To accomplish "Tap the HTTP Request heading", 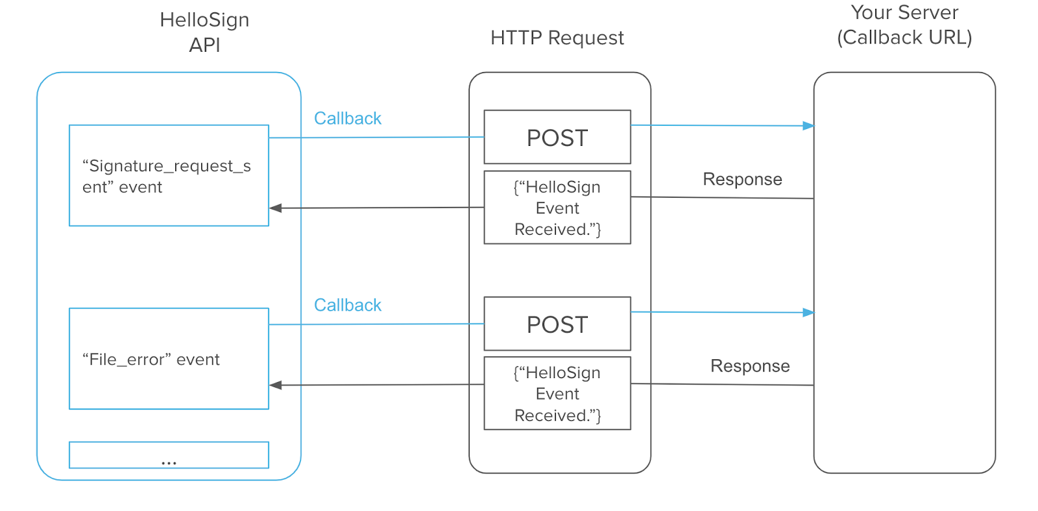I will click(x=557, y=38).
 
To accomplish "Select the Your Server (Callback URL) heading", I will click(x=904, y=25).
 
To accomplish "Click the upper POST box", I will click(x=557, y=137).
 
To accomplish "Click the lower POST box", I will click(x=557, y=324).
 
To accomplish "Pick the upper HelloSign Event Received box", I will click(x=557, y=208).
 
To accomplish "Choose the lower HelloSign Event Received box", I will click(x=557, y=393).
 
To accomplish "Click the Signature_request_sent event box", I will click(x=169, y=175).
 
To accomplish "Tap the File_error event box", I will click(x=169, y=359).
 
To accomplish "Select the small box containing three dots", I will click(x=169, y=455).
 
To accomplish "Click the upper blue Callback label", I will click(x=348, y=118).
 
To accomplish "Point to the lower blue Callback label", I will click(x=348, y=305).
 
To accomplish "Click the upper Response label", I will click(x=742, y=179).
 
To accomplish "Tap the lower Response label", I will click(x=750, y=366).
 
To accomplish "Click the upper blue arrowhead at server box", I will click(x=808, y=126).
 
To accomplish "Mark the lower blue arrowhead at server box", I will click(x=808, y=313).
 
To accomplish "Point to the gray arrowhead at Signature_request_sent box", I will click(x=276, y=208).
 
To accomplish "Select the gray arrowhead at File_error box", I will click(x=276, y=385).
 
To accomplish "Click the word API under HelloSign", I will click(x=204, y=45).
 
